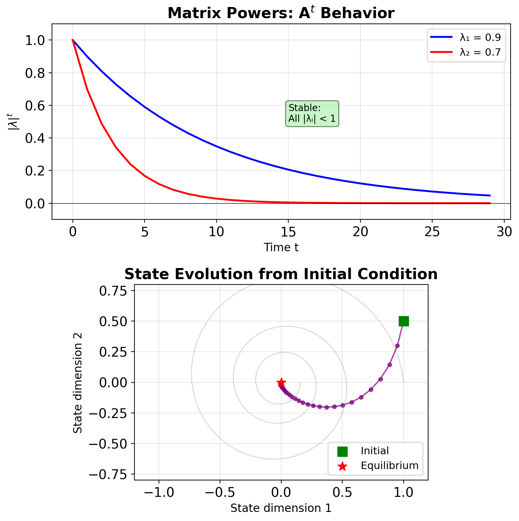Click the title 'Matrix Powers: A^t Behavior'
[x=281, y=13]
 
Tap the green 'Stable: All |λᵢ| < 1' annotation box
[x=312, y=113]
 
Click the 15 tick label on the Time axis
[x=288, y=232]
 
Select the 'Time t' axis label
[x=281, y=248]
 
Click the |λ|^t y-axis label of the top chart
[x=12, y=121]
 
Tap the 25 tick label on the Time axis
[x=432, y=232]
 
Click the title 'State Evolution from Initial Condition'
[x=281, y=274]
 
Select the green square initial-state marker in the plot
[x=404, y=321]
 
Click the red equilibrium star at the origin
[x=281, y=382]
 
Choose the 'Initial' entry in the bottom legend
[x=374, y=451]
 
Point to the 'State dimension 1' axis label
[x=281, y=509]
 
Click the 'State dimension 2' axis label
[x=78, y=382]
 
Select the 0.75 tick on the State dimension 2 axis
[x=113, y=291]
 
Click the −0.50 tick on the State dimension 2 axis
[x=108, y=444]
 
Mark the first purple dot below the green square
[x=397, y=346]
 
